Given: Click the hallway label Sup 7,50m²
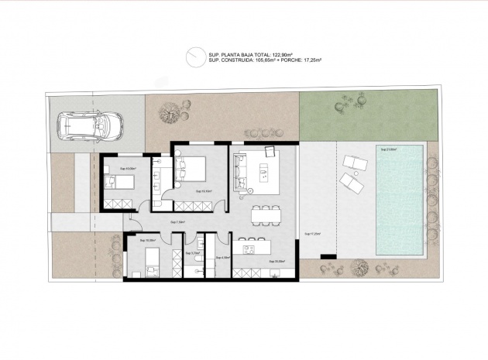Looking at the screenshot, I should click(180, 222).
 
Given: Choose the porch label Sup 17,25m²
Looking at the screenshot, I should click(313, 233).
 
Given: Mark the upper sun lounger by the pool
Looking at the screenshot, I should click(354, 163).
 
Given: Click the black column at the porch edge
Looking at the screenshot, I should click(328, 255).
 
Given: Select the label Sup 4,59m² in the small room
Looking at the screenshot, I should click(224, 258).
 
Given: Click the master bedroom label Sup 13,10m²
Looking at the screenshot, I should click(204, 190).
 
